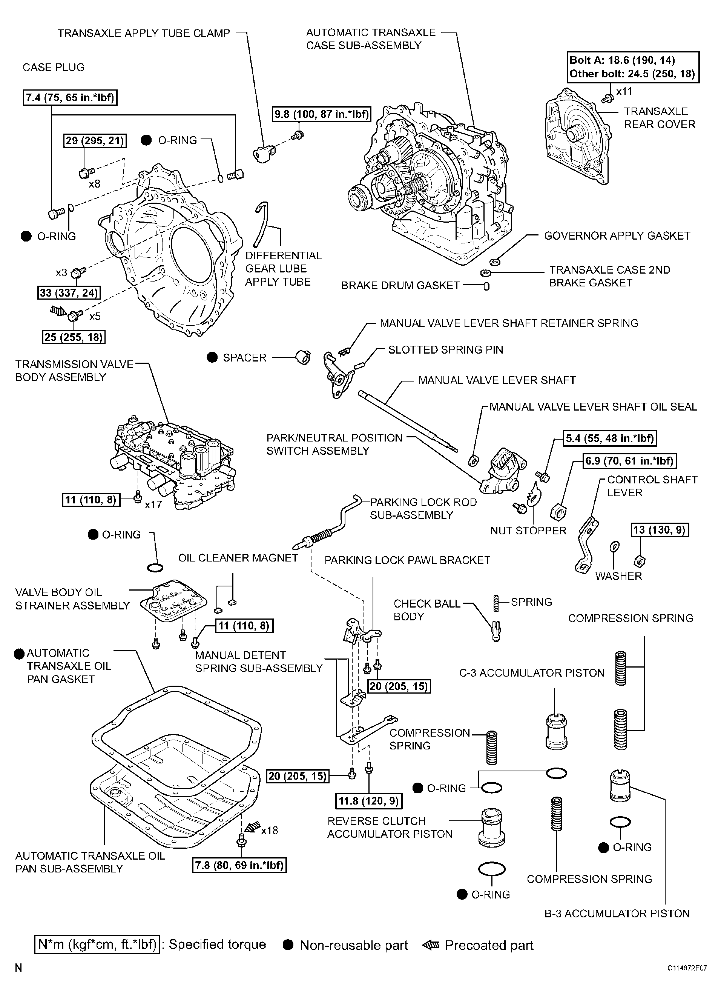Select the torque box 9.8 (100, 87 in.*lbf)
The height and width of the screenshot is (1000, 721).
322,114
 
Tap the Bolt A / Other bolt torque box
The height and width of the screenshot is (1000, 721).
632,67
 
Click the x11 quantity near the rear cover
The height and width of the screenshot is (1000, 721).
624,91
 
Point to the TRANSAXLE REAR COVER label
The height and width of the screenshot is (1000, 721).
659,118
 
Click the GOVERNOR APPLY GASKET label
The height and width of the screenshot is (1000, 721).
617,236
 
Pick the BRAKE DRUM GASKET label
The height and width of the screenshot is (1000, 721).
400,286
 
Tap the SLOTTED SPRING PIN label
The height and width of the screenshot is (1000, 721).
446,350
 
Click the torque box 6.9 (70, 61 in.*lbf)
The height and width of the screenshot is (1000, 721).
630,461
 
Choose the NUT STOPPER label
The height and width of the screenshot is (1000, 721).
528,531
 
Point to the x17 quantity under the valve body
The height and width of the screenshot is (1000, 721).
153,505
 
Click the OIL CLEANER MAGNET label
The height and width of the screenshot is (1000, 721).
238,558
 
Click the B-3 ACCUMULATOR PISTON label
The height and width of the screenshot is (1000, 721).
617,914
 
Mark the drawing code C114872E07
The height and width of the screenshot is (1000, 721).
687,968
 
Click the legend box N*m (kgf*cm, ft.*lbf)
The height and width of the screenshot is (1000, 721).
97,945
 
